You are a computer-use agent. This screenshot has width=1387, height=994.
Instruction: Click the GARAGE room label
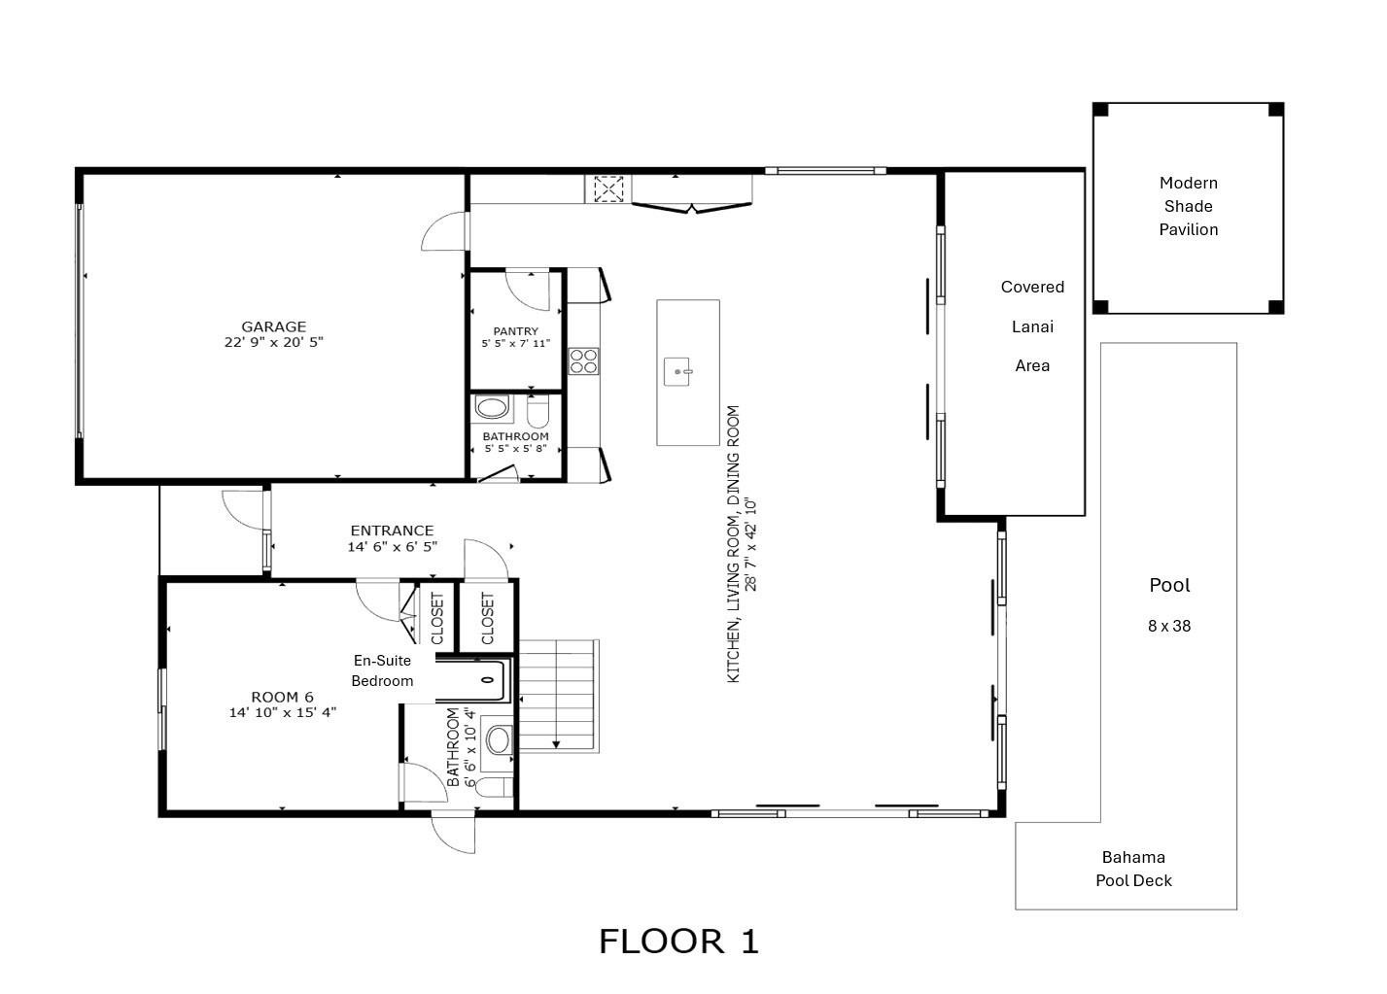pos(273,326)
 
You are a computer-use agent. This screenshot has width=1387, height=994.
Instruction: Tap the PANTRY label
pos(515,331)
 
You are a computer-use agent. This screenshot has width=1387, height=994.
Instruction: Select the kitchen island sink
pos(679,371)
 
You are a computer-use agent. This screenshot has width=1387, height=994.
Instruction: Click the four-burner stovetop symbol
pos(583,360)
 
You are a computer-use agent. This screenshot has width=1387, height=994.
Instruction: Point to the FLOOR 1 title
pos(678,942)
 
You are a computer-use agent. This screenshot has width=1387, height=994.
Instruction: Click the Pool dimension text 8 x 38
pos(1168,626)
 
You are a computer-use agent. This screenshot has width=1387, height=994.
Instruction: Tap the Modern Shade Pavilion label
pos(1188,206)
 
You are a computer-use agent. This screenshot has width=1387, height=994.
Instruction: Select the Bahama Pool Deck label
pos(1133,869)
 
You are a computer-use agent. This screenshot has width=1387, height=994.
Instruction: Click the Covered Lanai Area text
pos(1032,326)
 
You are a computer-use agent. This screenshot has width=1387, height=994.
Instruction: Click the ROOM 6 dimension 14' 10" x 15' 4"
pos(282,712)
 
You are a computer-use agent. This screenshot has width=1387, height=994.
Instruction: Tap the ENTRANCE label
pos(392,531)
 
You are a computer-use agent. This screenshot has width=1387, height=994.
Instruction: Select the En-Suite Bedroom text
pos(382,670)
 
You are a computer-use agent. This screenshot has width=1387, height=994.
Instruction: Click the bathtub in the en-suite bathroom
pos(471,680)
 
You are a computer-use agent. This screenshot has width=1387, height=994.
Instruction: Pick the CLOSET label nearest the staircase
pos(487,618)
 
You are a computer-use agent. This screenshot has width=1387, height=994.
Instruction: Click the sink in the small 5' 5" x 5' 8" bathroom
pos(493,408)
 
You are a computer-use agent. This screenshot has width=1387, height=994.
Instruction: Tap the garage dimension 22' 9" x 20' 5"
pos(273,342)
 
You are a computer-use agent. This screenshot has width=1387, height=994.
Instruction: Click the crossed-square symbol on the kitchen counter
pos(608,189)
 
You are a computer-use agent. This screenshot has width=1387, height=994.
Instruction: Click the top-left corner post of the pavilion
pos(1100,110)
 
